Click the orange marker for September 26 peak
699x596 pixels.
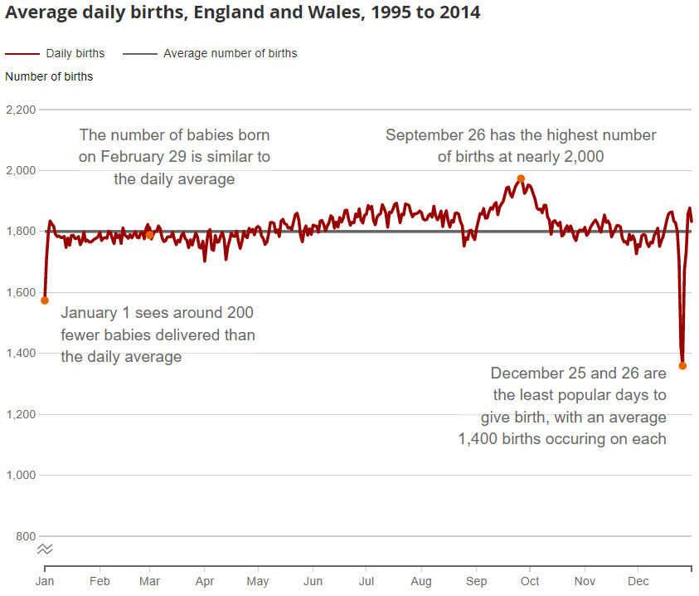point(521,178)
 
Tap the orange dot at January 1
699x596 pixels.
point(45,300)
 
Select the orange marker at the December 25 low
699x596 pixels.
point(682,365)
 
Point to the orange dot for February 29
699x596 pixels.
point(149,235)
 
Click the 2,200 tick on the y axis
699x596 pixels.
point(20,110)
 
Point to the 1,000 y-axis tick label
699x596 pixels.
point(20,475)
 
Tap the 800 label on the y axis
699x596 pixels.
point(25,536)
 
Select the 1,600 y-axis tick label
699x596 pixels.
point(20,292)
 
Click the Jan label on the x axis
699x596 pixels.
point(45,582)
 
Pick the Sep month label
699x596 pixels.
point(477,582)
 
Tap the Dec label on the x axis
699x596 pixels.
point(638,582)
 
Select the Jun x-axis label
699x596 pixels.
point(313,582)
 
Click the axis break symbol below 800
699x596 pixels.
point(45,549)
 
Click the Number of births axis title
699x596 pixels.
point(49,76)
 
